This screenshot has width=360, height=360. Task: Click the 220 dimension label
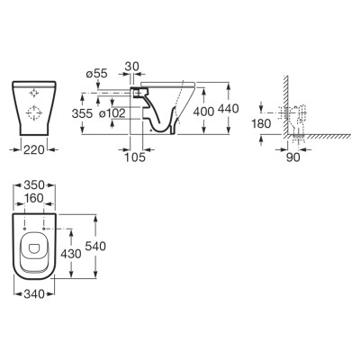[x=34, y=149]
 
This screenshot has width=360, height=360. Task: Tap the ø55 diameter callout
[x=96, y=74]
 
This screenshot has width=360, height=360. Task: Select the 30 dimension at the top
[x=132, y=67]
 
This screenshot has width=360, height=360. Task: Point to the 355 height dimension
[x=82, y=113]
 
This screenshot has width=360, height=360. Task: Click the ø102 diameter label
[x=112, y=113]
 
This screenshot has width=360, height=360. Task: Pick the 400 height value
[x=203, y=112]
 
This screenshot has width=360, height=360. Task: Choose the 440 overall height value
[x=229, y=109]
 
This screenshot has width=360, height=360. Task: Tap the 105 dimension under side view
[x=135, y=157]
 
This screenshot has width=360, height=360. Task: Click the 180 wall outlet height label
[x=261, y=123]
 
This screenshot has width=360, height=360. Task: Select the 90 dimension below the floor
[x=292, y=157]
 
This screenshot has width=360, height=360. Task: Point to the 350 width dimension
[x=34, y=185]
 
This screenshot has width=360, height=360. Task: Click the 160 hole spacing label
[x=34, y=198]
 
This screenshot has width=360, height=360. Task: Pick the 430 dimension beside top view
[x=71, y=254]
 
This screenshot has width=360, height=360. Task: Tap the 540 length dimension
[x=95, y=247]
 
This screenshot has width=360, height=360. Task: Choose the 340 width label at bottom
[x=34, y=294]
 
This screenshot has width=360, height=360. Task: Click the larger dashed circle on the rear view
[x=34, y=113]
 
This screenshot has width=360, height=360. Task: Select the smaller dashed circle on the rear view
[x=34, y=94]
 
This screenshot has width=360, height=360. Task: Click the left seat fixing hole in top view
[x=24, y=229]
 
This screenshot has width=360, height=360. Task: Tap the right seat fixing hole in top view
[x=44, y=229]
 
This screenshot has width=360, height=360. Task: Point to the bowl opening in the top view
[x=34, y=247]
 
